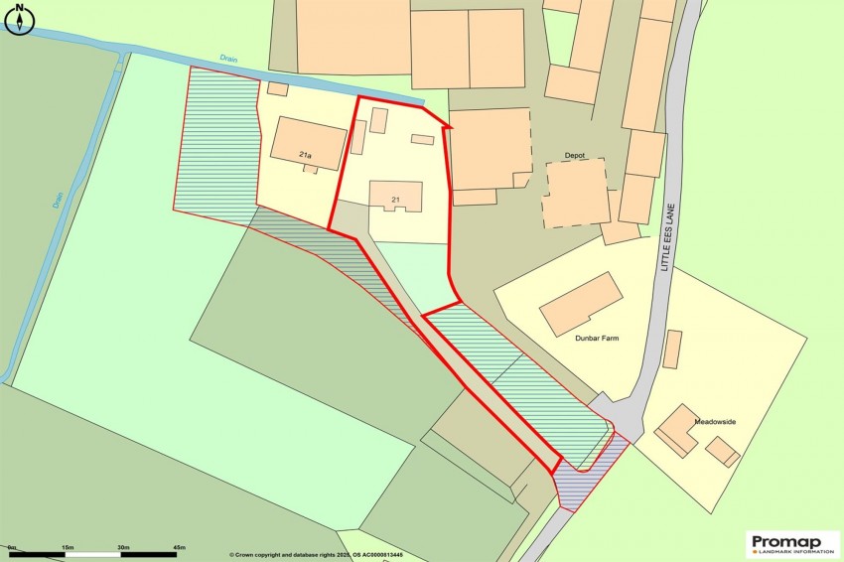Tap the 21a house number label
click(305, 156)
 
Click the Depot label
click(575, 156)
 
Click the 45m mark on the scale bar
click(180, 547)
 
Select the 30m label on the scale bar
click(124, 547)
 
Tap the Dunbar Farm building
click(581, 304)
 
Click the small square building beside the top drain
click(278, 89)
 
